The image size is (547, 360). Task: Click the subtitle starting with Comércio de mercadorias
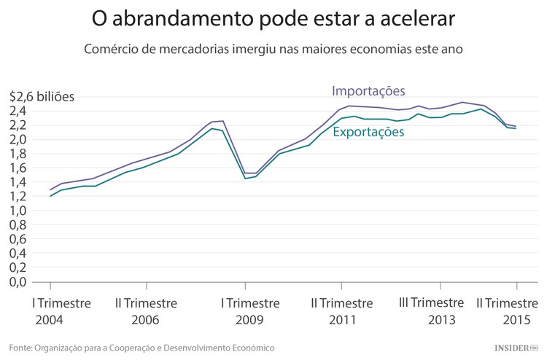coord(273,50)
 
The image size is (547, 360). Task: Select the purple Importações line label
coord(368,91)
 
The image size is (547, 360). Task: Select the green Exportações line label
coord(368,132)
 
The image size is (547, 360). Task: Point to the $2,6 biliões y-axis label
coord(42,96)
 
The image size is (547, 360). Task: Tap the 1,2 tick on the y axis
coord(18,196)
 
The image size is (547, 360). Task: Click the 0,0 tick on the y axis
coord(18,282)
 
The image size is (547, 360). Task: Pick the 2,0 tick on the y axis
coord(18,139)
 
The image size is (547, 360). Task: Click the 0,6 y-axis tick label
coord(18,239)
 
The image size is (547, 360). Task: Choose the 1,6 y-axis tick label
coord(18,168)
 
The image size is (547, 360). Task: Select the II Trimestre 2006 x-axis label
coord(146,311)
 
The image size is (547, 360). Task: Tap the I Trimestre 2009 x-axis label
coord(250,311)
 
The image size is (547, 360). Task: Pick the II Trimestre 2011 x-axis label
coord(342,311)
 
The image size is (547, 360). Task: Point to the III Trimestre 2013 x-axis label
coord(431,311)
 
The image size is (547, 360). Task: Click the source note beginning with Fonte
coord(142,348)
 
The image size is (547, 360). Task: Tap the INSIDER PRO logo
coord(515,348)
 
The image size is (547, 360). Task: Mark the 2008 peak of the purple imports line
coord(222,121)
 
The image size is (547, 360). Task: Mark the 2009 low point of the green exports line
coord(245,178)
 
